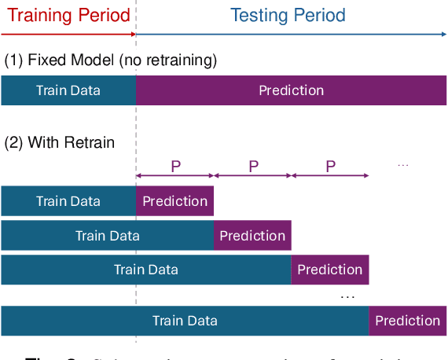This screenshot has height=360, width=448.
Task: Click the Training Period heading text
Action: pyautogui.click(x=68, y=15)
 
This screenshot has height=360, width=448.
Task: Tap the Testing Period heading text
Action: pyautogui.click(x=288, y=15)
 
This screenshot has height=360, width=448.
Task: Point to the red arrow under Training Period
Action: pyautogui.click(x=68, y=34)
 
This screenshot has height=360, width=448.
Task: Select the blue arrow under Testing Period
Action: pyautogui.click(x=291, y=34)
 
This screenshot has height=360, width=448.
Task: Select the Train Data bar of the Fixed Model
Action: pyautogui.click(x=68, y=90)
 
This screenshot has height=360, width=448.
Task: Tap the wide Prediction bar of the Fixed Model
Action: pyautogui.click(x=291, y=90)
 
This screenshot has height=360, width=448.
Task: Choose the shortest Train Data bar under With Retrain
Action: pyautogui.click(x=68, y=201)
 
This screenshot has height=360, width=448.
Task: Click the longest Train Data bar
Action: pyautogui.click(x=185, y=321)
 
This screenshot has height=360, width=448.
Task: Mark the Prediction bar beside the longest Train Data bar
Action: pyautogui.click(x=407, y=321)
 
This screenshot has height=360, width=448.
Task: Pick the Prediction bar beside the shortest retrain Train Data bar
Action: pyautogui.click(x=174, y=201)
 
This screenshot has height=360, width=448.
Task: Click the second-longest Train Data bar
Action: pyautogui.click(x=146, y=270)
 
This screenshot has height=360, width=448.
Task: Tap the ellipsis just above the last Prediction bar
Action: pyautogui.click(x=347, y=296)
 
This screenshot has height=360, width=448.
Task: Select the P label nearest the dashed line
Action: pyautogui.click(x=175, y=166)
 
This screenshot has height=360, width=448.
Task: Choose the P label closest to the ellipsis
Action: pyautogui.click(x=330, y=166)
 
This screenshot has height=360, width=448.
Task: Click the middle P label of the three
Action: pyautogui.click(x=253, y=166)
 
